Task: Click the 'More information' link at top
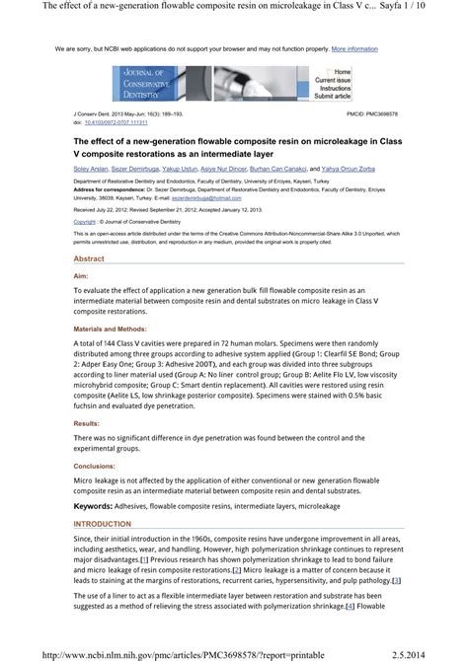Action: pyautogui.click(x=354, y=47)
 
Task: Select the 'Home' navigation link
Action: pyautogui.click(x=342, y=72)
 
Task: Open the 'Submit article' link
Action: pyautogui.click(x=333, y=97)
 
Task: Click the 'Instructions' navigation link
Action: pyautogui.click(x=334, y=88)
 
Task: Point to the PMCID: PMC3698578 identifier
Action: pyautogui.click(x=375, y=114)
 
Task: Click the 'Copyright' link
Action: pyautogui.click(x=85, y=222)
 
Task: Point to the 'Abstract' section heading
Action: pyautogui.click(x=90, y=258)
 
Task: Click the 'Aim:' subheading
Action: pyautogui.click(x=81, y=277)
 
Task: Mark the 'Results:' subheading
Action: pyautogui.click(x=86, y=422)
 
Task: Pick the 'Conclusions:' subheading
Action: pyautogui.click(x=94, y=466)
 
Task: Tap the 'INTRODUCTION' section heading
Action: pyautogui.click(x=102, y=524)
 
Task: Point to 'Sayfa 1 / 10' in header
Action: pyautogui.click(x=432, y=8)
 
